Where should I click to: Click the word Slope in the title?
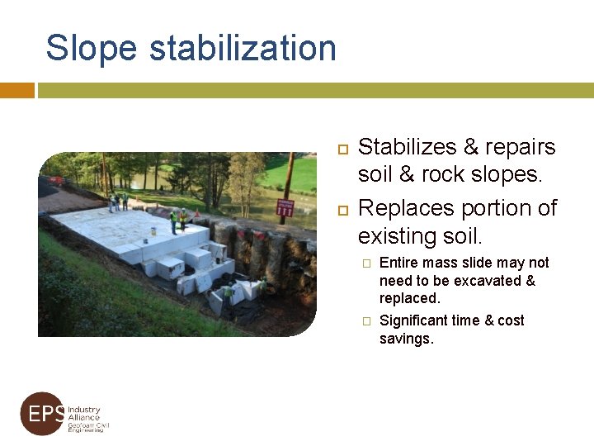click(92, 48)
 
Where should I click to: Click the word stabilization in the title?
click(243, 48)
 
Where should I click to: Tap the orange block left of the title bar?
click(16, 90)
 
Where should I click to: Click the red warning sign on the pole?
click(286, 207)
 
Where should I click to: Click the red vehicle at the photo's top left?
click(56, 180)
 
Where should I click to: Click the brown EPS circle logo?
click(42, 414)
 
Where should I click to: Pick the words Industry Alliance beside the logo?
click(83, 414)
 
